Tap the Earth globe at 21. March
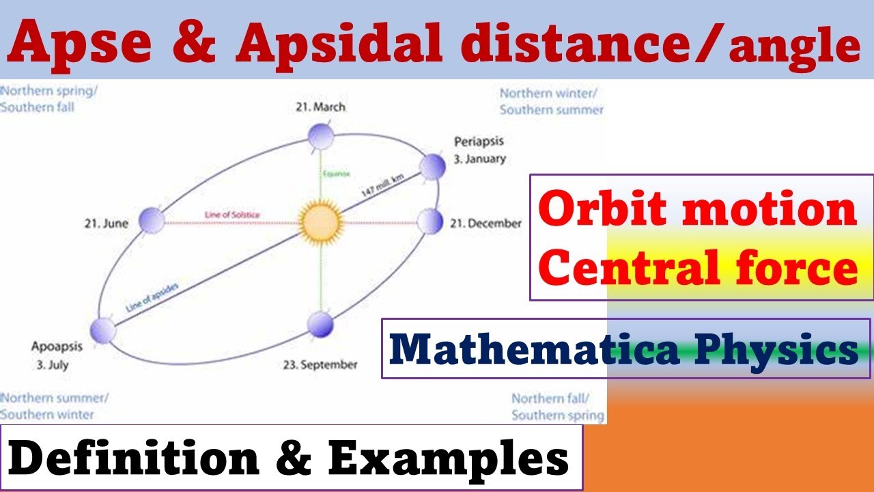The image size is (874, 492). click(x=320, y=137)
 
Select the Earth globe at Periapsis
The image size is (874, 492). click(x=432, y=166)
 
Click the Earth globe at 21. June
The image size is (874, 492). click(x=152, y=221)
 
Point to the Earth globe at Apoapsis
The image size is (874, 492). click(x=103, y=331)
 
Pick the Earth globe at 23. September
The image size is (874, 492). click(x=320, y=325)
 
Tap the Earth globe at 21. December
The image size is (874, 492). click(x=430, y=221)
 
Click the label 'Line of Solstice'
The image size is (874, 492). click(x=232, y=215)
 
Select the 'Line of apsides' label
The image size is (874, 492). click(x=152, y=297)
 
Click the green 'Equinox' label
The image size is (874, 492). click(x=331, y=174)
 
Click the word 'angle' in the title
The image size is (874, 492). click(x=793, y=48)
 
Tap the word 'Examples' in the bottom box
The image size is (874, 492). click(x=449, y=459)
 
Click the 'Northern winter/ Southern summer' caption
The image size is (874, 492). click(x=551, y=101)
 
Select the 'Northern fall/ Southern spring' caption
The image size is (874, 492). click(x=557, y=407)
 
